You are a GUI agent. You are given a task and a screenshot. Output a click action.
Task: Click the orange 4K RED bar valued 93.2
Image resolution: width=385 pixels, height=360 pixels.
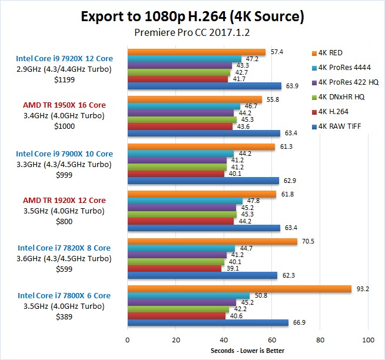pos(239,288)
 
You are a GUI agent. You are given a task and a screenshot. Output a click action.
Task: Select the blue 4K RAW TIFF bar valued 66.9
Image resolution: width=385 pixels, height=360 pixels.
pos(208,322)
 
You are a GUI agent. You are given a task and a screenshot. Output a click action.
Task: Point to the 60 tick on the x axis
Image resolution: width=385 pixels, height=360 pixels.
pos(272,340)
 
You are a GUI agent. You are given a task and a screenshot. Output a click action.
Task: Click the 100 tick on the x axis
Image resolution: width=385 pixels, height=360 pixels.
pos(369,340)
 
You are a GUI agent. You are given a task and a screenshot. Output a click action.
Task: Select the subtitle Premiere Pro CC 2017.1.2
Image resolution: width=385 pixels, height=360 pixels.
pos(192,33)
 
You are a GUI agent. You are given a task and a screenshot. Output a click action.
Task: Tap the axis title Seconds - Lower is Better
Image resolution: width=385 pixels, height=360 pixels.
pos(247,351)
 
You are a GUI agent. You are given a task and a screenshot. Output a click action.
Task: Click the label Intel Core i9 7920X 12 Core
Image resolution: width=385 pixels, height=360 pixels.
pos(65,58)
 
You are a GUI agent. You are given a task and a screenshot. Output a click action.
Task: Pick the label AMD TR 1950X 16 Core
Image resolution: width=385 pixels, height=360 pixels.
pos(65,105)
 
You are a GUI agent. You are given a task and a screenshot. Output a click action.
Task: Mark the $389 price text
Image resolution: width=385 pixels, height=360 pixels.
pos(65,316)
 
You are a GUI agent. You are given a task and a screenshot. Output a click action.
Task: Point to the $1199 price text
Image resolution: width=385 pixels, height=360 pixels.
pos(65,79)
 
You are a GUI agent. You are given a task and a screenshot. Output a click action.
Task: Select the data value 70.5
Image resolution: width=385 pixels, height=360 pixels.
pos(307,241)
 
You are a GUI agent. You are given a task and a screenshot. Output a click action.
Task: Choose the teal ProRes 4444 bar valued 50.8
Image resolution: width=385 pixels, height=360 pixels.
pos(188,295)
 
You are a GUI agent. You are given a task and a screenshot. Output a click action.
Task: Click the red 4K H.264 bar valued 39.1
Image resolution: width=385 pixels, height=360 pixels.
pos(174,268)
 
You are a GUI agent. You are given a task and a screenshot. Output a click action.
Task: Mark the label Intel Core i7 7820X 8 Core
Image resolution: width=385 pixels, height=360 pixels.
pos(65,248)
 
